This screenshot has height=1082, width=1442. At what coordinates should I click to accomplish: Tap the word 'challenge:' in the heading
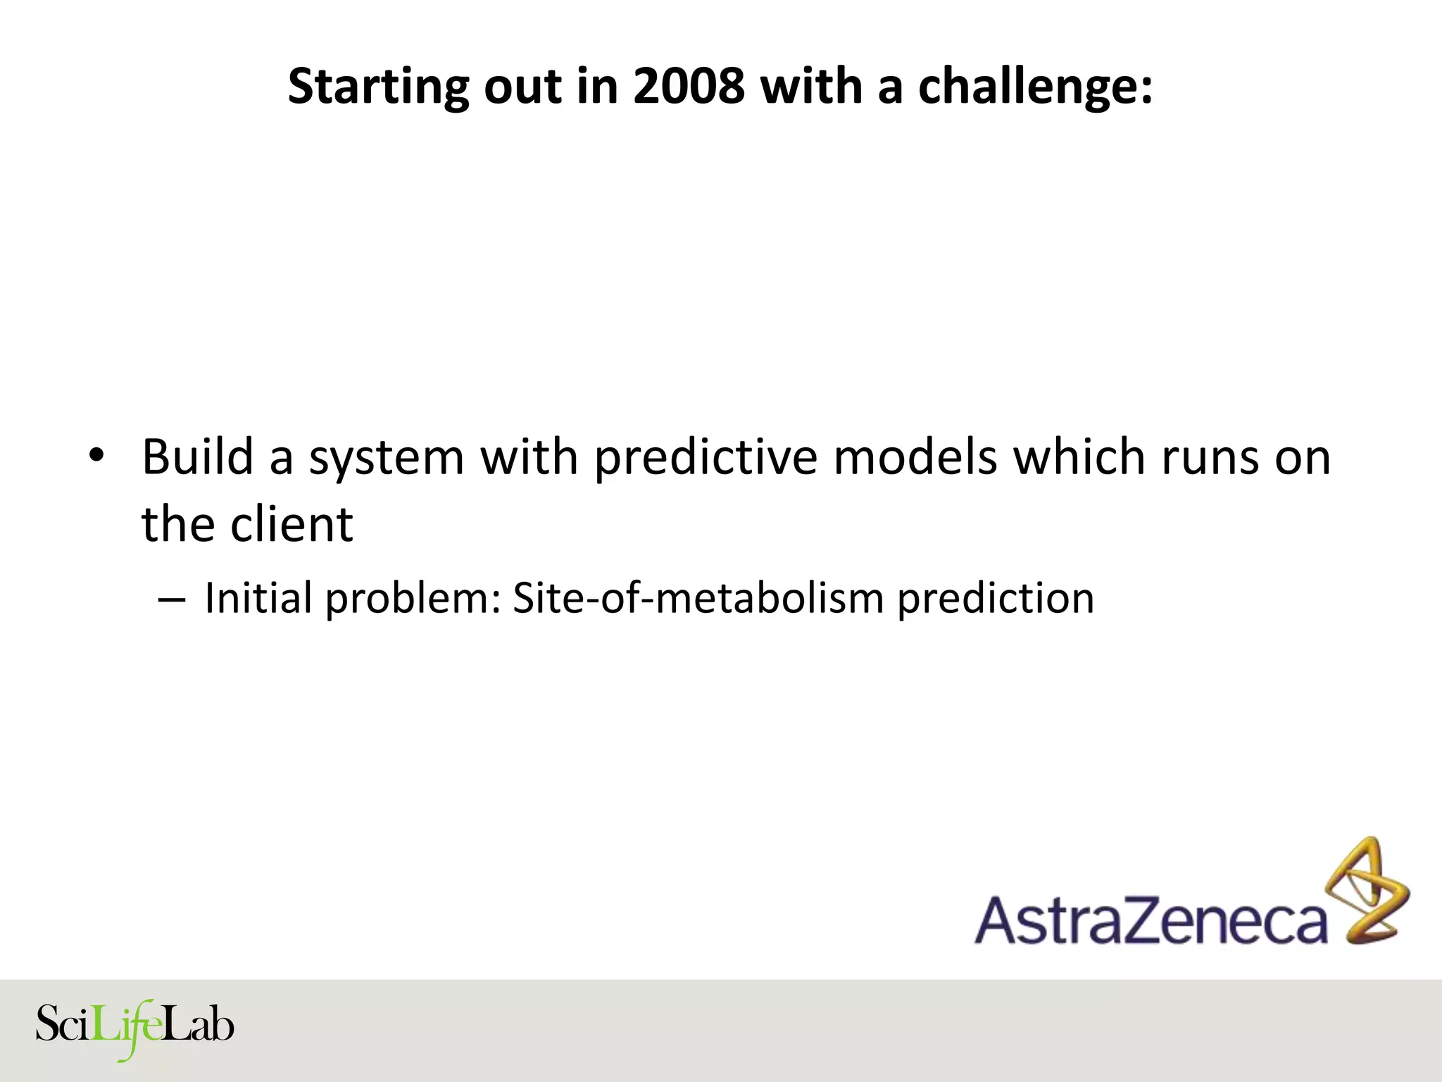1035,87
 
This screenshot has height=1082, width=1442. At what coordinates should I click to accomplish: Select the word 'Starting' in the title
377,87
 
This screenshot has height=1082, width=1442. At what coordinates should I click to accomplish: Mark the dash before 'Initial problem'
172,599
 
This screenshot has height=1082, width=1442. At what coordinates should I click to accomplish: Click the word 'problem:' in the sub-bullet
412,599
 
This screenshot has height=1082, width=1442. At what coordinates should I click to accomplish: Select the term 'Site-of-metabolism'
698,598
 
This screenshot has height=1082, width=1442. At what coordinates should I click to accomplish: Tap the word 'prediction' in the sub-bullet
996,599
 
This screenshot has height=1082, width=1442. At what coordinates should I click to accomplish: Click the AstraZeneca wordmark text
1151,920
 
